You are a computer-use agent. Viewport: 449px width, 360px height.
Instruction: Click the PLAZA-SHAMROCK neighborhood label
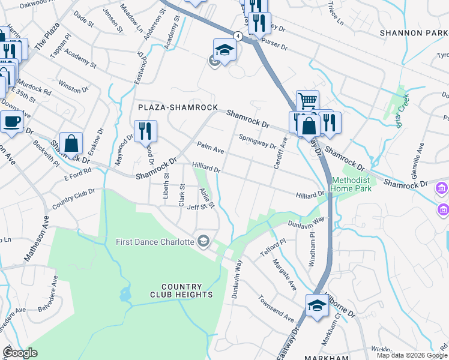coord(178,107)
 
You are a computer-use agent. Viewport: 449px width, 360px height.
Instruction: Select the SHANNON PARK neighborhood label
coord(414,32)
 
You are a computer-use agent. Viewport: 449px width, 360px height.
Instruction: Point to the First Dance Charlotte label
coord(155,242)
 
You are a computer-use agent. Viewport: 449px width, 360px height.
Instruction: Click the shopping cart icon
coord(307,100)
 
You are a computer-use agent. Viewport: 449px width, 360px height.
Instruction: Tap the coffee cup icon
coord(12,122)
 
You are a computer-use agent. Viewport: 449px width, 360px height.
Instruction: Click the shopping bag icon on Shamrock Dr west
coord(71,143)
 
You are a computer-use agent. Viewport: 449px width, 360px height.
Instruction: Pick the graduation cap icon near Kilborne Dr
coord(317,305)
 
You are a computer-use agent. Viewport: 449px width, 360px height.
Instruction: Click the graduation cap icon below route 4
coord(224,50)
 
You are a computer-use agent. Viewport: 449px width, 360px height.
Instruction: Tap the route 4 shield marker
coord(238,36)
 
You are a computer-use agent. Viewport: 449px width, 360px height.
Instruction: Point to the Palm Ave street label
coord(210,146)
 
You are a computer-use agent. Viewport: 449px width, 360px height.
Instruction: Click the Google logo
coord(20,352)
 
